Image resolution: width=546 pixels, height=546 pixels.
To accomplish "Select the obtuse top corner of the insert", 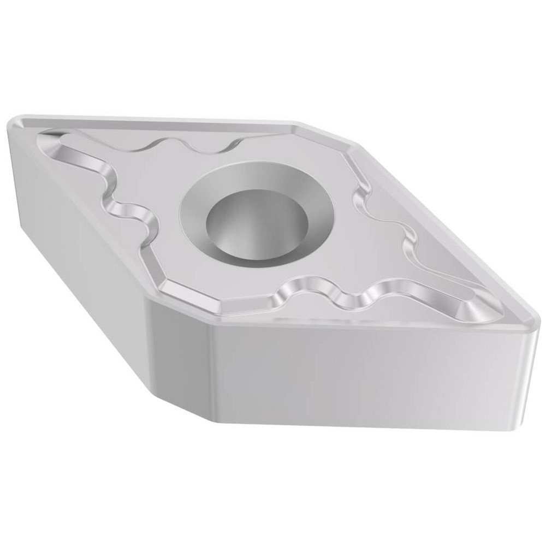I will tap(298, 122).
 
